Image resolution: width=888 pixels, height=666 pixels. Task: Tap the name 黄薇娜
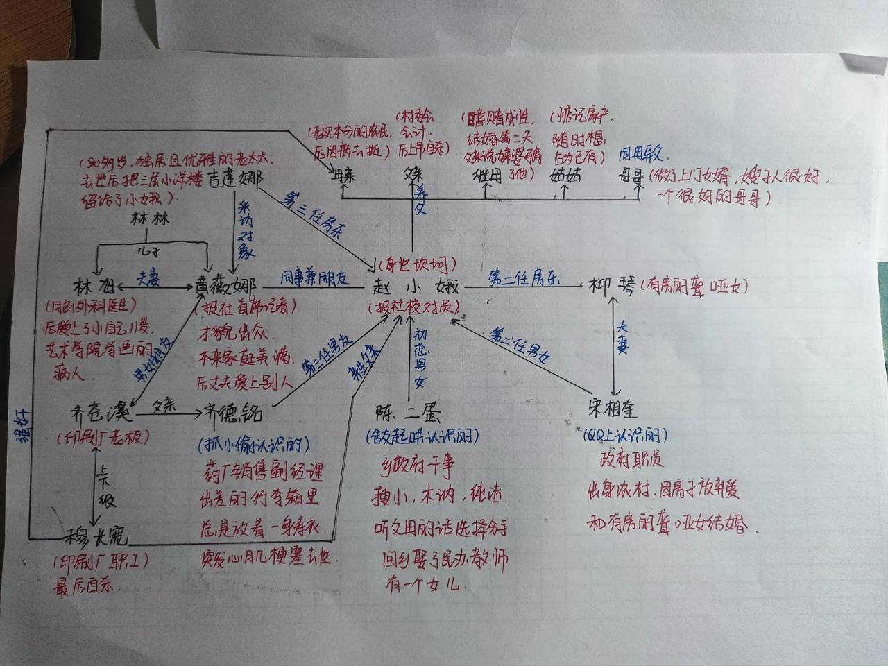click(226, 287)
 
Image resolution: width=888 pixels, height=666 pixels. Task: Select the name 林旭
click(92, 287)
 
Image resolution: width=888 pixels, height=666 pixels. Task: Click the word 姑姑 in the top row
click(565, 174)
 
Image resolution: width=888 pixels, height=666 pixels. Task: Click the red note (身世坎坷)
click(416, 263)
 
